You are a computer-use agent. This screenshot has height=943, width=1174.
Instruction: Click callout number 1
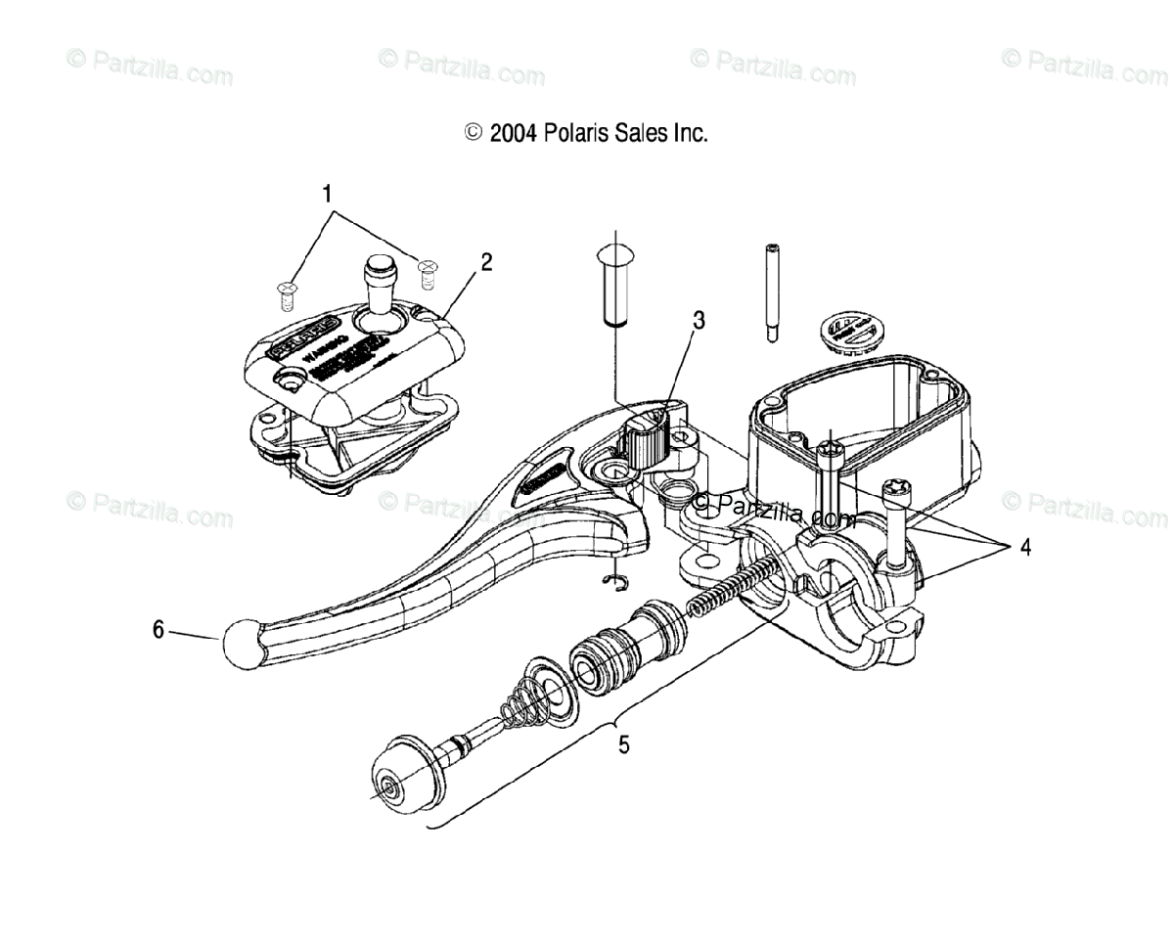click(329, 194)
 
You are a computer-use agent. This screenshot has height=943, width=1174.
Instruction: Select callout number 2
click(486, 262)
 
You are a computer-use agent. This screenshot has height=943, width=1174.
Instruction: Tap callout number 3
click(699, 320)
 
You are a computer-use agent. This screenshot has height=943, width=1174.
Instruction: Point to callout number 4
click(1024, 548)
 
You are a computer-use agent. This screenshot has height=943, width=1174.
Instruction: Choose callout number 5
click(623, 745)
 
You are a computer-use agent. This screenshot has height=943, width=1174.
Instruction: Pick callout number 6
click(158, 630)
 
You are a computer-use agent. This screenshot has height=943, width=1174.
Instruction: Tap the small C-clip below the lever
click(613, 583)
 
